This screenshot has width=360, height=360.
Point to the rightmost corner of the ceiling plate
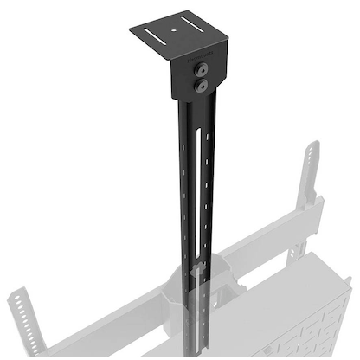pyautogui.click(x=228, y=39)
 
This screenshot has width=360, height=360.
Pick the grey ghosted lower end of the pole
pyautogui.click(x=200, y=320)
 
